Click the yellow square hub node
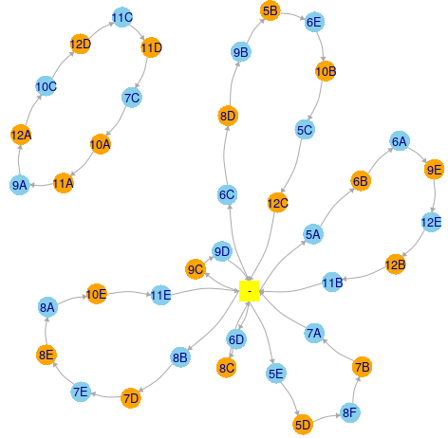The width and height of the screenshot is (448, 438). [249, 291]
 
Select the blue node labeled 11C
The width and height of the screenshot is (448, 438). [122, 17]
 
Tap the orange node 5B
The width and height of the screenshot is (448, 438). [271, 10]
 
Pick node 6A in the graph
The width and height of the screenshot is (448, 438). [400, 141]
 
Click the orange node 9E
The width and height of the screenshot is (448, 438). [434, 170]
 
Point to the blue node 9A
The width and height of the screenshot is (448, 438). [20, 185]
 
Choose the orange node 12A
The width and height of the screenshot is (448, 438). [21, 135]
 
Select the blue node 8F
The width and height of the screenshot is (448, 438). [349, 412]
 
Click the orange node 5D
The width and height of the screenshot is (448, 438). [303, 425]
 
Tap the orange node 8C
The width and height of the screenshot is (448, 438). [227, 368]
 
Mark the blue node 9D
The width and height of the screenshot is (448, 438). [222, 251]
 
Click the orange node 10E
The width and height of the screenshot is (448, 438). [96, 294]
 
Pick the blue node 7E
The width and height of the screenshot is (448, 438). [81, 392]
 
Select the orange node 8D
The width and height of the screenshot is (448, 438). [228, 116]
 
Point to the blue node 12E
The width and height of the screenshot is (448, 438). [431, 222]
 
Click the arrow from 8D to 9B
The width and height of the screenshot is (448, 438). [232, 83]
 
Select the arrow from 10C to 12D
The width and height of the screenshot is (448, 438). [62, 64]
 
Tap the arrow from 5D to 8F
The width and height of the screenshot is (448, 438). [327, 417]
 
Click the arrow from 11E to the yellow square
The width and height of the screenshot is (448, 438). [205, 290]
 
